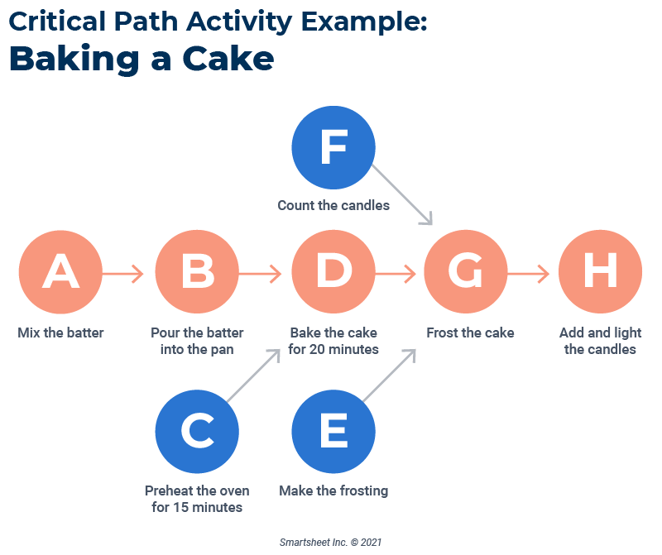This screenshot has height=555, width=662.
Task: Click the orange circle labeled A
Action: pos(60,273)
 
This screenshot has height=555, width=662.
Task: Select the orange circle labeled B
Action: pos(197,273)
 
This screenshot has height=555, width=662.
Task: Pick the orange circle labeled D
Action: pos(333,273)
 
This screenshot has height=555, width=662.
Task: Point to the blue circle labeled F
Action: pos(333,148)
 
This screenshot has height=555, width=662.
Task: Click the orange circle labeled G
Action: pos(465,273)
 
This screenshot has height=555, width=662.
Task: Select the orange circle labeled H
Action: pos(600,273)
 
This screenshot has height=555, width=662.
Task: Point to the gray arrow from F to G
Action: pos(402,194)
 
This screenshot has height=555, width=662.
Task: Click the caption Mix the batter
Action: pos(61,333)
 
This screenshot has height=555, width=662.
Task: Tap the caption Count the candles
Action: pos(333,205)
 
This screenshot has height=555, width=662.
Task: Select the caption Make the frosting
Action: pos(333,490)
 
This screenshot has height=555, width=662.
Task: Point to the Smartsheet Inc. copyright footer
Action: pos(330,542)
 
